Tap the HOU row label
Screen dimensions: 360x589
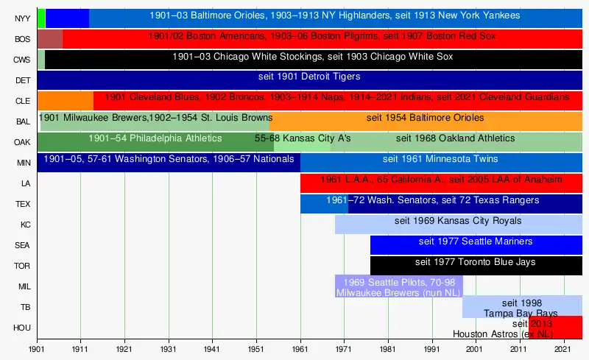pos(22,328)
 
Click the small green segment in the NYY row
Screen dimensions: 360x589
pos(41,18)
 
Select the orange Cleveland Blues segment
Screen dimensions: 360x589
pos(65,100)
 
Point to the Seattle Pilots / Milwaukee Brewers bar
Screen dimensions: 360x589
pos(398,286)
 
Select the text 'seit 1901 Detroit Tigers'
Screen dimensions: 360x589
pos(308,77)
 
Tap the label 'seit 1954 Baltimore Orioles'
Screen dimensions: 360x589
pos(425,118)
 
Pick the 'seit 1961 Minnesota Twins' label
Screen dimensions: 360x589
pos(440,159)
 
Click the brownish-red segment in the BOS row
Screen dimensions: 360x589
pos(50,39)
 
